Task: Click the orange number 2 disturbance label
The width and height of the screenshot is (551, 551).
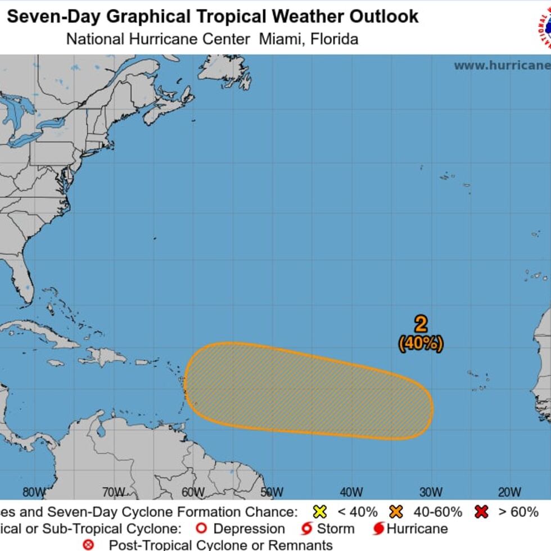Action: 421,324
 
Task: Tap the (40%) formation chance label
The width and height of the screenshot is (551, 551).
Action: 421,343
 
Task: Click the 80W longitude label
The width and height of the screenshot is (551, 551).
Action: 34,493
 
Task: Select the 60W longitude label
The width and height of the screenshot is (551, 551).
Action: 193,493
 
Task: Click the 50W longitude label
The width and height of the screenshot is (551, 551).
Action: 272,493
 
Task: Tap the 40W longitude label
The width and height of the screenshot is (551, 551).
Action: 351,493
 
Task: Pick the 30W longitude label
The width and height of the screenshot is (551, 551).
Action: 430,493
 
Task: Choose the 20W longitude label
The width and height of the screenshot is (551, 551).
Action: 509,493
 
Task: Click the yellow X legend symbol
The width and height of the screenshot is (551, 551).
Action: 320,512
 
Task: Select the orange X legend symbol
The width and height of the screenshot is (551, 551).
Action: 396,512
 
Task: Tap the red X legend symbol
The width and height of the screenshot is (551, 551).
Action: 481,512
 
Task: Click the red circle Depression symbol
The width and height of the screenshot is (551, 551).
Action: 201,529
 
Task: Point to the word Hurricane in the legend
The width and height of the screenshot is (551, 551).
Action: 417,529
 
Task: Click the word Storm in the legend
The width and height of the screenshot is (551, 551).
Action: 336,529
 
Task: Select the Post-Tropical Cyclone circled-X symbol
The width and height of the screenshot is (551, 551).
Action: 88,545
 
